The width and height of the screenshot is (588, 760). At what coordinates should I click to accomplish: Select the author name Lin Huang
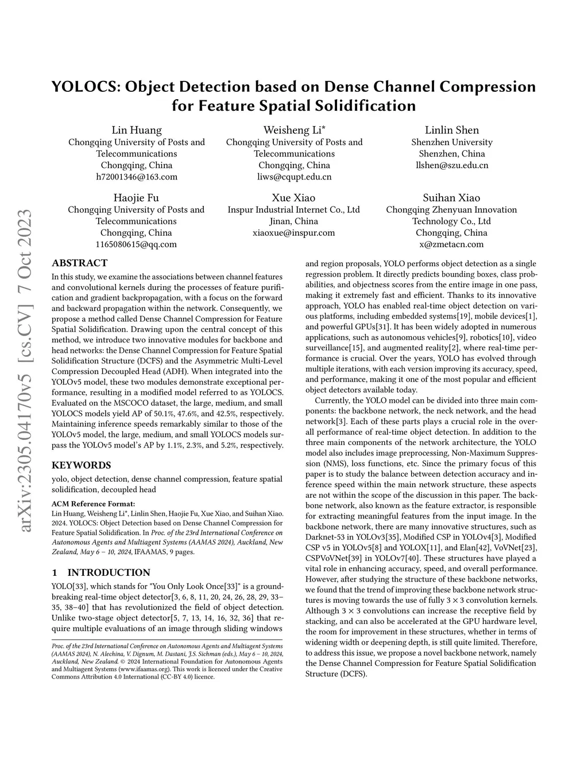coord(137,130)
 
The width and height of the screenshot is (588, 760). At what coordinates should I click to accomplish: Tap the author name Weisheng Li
coord(294,130)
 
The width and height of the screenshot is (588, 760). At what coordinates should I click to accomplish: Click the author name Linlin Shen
coord(452,130)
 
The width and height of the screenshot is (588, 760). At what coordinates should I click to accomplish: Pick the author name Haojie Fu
coord(136,198)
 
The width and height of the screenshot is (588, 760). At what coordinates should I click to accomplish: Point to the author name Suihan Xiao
coord(451,198)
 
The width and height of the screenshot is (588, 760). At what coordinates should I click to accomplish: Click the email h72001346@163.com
coord(137,177)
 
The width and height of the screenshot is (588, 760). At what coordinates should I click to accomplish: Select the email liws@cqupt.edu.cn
coord(294,177)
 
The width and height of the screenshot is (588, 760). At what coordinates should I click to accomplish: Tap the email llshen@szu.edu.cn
coord(452,165)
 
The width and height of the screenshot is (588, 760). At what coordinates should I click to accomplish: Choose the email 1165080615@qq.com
coord(136,244)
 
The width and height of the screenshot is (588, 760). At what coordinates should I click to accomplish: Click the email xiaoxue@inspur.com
coord(293,233)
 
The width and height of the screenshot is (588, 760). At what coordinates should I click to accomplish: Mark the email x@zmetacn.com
coord(451,244)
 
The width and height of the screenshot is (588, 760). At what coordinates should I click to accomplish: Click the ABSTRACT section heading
coord(79,263)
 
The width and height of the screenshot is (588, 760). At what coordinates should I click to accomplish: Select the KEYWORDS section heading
coord(82,465)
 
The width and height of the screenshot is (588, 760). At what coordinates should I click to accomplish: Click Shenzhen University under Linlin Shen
coord(452,142)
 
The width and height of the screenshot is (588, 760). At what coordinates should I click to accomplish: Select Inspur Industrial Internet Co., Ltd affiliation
coord(293,210)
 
